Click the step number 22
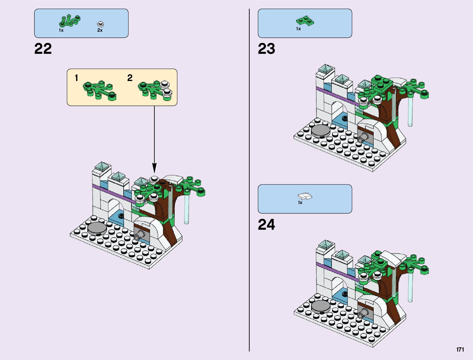(43, 49)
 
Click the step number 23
(266, 49)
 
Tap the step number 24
(266, 225)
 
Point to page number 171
(460, 349)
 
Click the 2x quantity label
(100, 30)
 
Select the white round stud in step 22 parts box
(100, 24)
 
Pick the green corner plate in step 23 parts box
(305, 21)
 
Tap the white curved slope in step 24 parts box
(305, 197)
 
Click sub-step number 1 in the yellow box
(76, 78)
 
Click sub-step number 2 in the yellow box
(130, 78)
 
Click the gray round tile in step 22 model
(97, 228)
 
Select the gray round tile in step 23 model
(321, 131)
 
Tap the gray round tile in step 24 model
(321, 306)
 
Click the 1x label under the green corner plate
(298, 29)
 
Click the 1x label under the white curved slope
(300, 203)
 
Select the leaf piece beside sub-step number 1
(99, 90)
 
